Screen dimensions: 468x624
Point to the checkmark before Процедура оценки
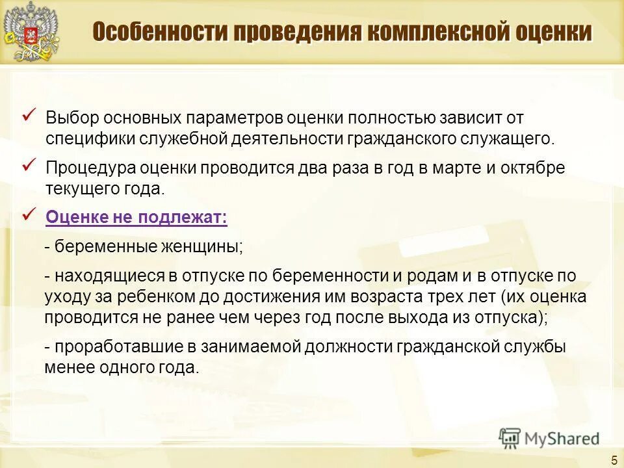tap(30, 165)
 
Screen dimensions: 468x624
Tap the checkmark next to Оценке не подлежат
tap(30, 214)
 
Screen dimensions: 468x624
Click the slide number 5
tap(614, 460)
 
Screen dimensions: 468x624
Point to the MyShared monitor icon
tap(510, 438)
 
